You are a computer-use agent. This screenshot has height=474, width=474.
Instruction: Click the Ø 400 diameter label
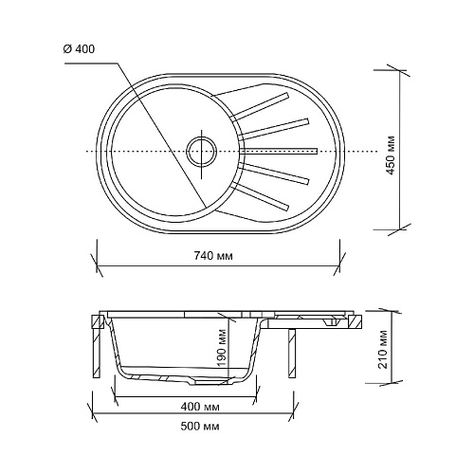[79, 49]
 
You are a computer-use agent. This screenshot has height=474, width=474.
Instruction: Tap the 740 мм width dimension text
[213, 256]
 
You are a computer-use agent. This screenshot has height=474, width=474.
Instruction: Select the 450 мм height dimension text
[391, 155]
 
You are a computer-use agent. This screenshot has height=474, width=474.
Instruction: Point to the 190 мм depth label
[223, 347]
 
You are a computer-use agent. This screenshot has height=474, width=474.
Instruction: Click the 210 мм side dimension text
[383, 349]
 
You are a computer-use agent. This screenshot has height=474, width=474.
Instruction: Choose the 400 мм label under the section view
[200, 407]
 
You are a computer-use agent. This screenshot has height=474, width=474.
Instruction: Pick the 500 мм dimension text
[200, 427]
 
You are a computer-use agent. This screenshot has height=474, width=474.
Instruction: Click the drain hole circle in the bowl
[202, 152]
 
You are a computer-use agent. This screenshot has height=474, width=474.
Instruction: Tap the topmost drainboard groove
[260, 106]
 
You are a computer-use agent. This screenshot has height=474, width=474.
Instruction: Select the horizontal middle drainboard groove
[278, 151]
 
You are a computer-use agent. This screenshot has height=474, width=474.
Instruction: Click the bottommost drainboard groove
[260, 196]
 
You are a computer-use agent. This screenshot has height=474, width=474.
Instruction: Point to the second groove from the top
[274, 129]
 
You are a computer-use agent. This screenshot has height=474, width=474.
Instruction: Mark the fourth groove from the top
[274, 173]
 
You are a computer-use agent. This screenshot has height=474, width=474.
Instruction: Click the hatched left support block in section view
[98, 322]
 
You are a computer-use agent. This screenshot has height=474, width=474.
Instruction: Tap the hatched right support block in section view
[355, 322]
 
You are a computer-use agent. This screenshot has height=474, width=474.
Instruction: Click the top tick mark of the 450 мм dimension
[399, 70]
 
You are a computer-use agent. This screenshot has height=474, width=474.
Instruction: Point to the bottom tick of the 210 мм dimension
[392, 383]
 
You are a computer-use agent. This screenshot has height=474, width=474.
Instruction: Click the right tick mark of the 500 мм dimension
[294, 412]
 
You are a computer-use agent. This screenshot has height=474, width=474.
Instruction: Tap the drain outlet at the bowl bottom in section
[207, 382]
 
